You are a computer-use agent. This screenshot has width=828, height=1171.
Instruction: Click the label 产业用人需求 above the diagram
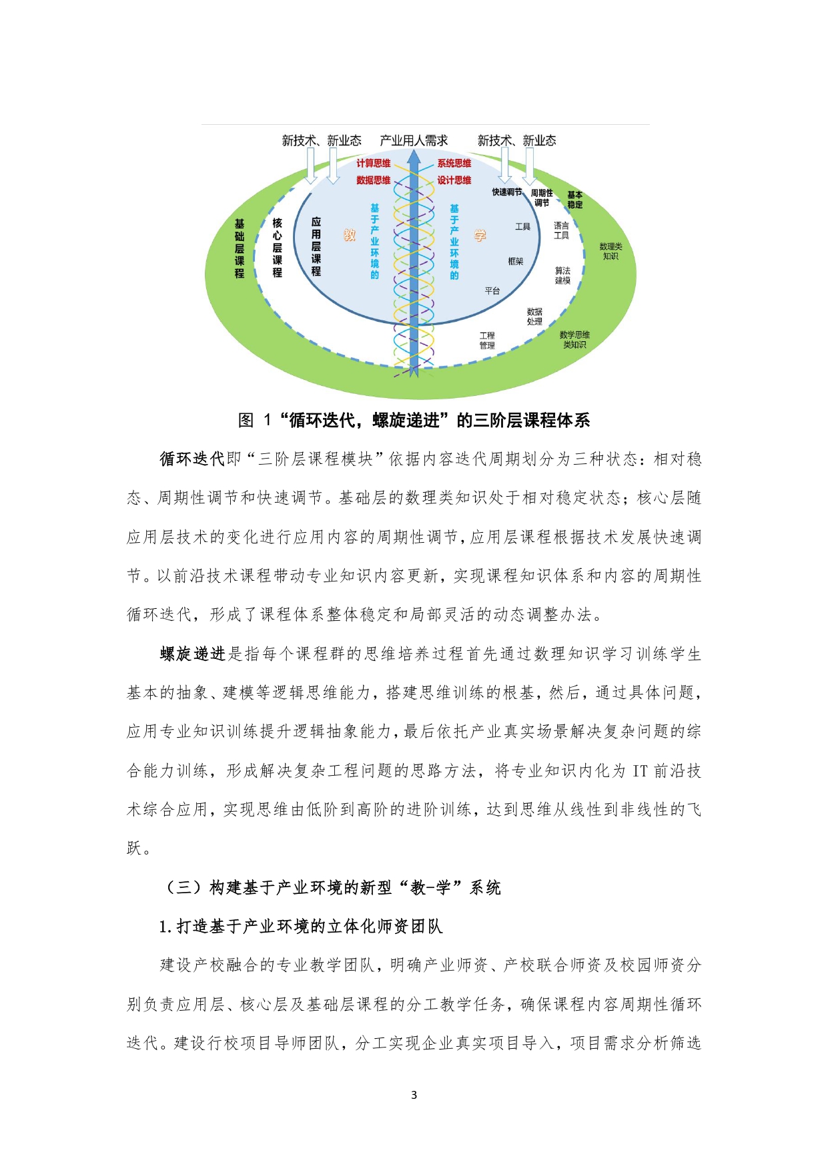pyautogui.click(x=414, y=141)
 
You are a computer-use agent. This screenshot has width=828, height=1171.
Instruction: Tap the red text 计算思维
pyautogui.click(x=373, y=164)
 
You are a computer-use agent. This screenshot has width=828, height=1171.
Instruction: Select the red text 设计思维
pyautogui.click(x=454, y=180)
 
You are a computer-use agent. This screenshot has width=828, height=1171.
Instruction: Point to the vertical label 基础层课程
pyautogui.click(x=240, y=248)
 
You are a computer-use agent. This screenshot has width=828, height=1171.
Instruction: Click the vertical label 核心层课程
pyautogui.click(x=278, y=247)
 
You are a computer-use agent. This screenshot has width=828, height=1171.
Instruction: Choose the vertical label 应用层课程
pyautogui.click(x=316, y=246)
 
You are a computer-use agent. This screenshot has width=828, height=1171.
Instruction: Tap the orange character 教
pyautogui.click(x=350, y=235)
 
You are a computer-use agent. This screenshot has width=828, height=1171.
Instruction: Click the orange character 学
pyautogui.click(x=480, y=235)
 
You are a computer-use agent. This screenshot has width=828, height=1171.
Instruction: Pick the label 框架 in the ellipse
pyautogui.click(x=516, y=262)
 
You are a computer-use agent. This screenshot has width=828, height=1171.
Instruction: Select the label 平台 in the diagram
pyautogui.click(x=492, y=291)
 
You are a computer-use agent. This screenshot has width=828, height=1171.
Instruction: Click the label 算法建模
pyautogui.click(x=562, y=276)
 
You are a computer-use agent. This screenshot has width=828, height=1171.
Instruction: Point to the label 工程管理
pyautogui.click(x=487, y=340)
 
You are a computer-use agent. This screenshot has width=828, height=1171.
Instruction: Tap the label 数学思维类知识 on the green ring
pyautogui.click(x=574, y=340)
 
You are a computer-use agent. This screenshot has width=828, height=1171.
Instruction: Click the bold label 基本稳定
pyautogui.click(x=574, y=200)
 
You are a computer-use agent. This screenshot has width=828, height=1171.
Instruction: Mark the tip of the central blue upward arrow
pyautogui.click(x=414, y=152)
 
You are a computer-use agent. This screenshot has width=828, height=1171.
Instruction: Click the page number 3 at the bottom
pyautogui.click(x=414, y=1095)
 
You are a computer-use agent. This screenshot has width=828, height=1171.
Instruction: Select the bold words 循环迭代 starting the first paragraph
pyautogui.click(x=192, y=459)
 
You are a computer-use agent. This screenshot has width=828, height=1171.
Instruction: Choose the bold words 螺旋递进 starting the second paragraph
pyautogui.click(x=192, y=654)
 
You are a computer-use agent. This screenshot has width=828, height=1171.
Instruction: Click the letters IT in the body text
pyautogui.click(x=640, y=771)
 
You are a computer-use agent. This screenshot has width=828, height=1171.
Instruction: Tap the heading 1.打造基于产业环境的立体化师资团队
pyautogui.click(x=301, y=927)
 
